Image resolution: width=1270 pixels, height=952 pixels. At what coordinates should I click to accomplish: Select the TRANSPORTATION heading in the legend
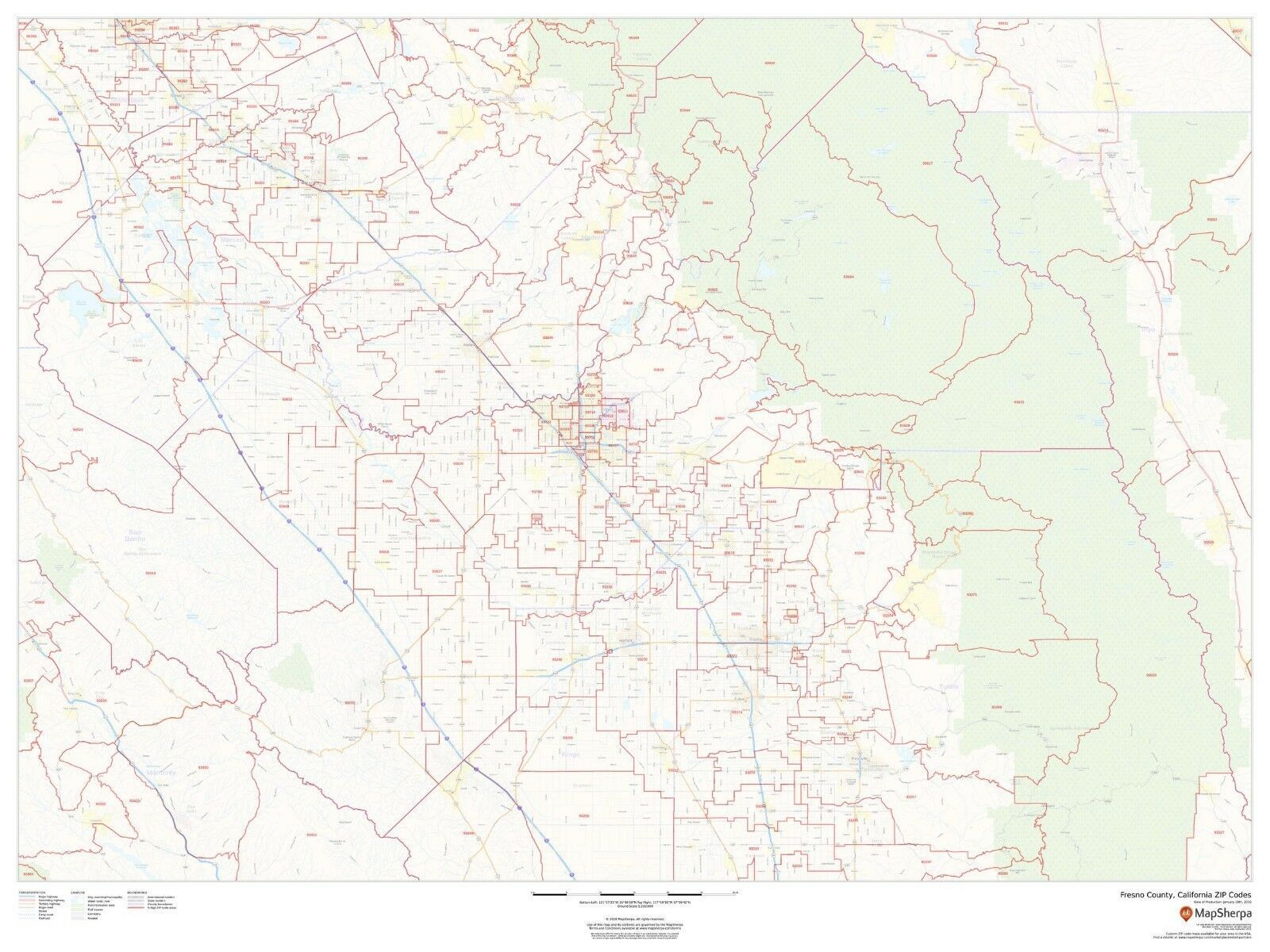pos(33,892)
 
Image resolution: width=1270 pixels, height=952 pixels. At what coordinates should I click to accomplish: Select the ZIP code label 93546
pos(933,56)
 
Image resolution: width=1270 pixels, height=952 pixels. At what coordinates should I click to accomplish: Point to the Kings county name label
pos(571,754)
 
